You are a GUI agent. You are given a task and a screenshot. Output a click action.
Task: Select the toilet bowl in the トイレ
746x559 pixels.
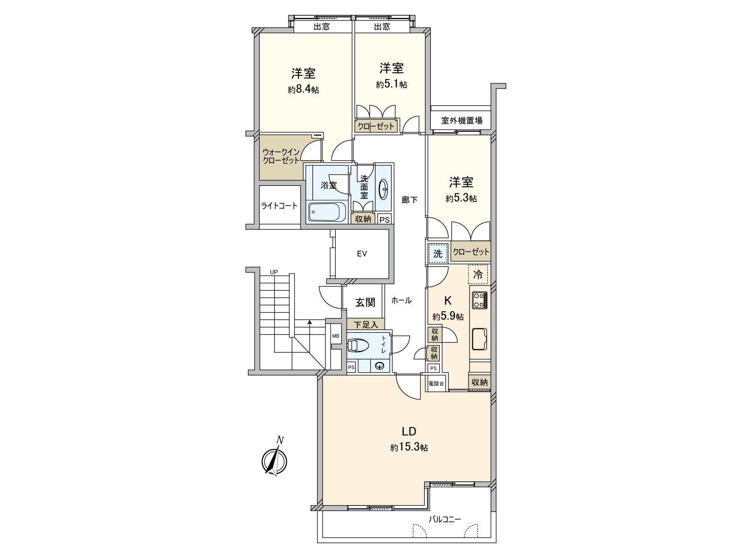tap(358, 345)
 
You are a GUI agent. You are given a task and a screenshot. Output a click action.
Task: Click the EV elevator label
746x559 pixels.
tap(362, 254)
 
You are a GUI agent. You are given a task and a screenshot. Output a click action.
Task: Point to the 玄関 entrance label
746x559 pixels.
tap(366, 302)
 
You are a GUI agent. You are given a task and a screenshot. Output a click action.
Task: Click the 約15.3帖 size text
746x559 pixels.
tap(409, 448)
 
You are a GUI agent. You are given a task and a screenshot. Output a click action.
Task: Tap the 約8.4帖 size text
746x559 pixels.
tap(303, 90)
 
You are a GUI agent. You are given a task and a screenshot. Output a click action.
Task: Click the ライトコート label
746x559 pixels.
tap(279, 206)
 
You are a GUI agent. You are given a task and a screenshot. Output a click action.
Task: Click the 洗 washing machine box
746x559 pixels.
tap(438, 254)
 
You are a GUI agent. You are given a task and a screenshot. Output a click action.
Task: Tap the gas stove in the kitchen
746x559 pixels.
tap(480, 300)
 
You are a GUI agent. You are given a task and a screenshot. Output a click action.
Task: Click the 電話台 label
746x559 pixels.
tap(435, 383)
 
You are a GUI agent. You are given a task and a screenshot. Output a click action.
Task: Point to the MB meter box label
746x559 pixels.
tap(335, 336)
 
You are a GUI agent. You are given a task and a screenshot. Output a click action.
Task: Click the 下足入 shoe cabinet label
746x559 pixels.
tap(366, 324)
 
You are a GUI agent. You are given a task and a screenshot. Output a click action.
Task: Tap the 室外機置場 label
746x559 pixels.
tap(462, 121)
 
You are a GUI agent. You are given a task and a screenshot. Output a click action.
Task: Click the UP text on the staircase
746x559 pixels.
tap(274, 272)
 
